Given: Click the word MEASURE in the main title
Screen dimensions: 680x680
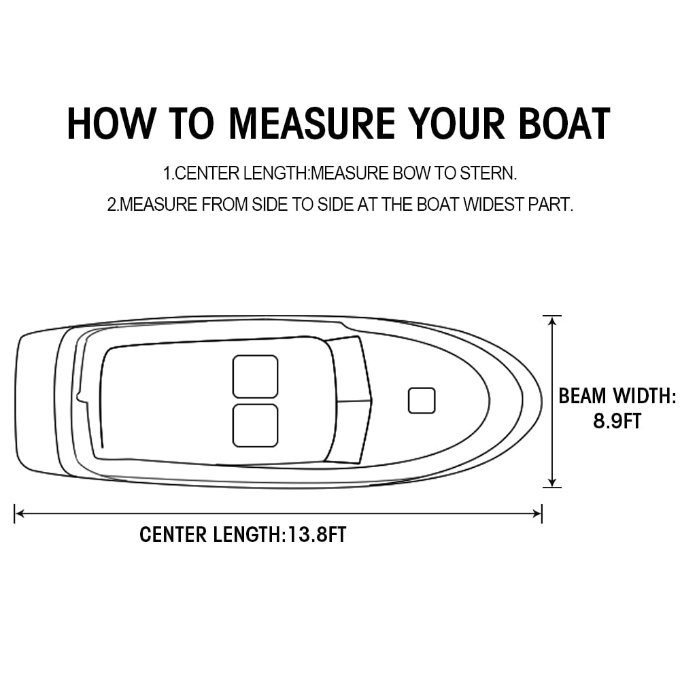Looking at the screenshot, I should (311, 124).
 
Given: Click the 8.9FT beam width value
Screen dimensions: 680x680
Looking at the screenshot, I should (617, 421).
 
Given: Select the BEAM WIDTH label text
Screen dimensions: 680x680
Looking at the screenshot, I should (617, 396).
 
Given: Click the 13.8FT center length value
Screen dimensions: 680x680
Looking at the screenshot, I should (317, 534).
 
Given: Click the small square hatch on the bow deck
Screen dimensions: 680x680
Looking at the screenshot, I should (422, 401).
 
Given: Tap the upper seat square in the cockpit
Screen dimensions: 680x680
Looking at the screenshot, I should (255, 376).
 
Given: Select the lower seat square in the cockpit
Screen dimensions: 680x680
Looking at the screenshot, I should (255, 426).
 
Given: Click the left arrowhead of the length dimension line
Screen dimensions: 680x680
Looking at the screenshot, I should (19, 513).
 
